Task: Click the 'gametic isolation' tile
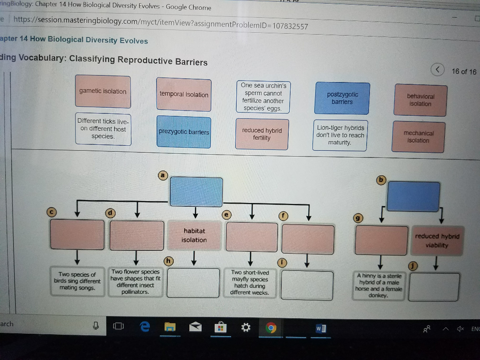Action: pos(103,91)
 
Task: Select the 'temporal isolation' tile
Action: pos(184,95)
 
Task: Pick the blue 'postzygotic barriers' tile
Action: pos(342,98)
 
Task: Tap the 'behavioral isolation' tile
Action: pos(420,100)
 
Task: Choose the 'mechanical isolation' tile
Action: pos(418,137)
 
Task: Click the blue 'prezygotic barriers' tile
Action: pos(184,132)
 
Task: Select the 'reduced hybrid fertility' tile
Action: pos(262,134)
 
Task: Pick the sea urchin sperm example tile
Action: pos(263,97)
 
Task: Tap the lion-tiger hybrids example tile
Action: pos(340,135)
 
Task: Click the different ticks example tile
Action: pos(103,129)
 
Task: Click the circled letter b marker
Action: pos(381,180)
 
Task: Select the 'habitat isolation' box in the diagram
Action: pos(194,235)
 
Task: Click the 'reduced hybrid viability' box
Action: pos(437,240)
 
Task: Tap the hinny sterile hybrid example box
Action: pos(379,285)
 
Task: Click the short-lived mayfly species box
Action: pos(250,282)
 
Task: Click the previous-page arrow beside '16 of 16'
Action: pos(437,70)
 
